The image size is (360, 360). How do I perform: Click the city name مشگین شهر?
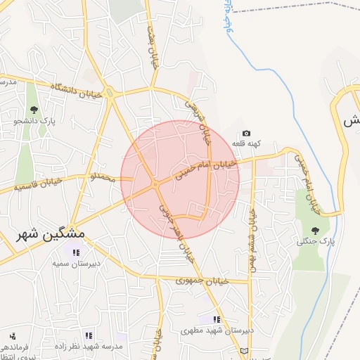pos(51,233)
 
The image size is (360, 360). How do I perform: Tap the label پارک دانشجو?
pos(34,120)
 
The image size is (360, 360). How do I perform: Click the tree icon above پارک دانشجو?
pos(34,109)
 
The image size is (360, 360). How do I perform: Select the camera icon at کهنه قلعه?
pos(246,134)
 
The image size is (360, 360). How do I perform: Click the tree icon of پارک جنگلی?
pos(314,230)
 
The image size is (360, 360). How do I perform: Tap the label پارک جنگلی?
pos(314,241)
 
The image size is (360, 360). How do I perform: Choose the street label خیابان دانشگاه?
pos(77,89)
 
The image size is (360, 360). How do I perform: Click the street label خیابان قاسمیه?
pos(39,184)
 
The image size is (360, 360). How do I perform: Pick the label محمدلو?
pos(103,178)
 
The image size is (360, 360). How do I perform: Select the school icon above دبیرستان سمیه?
pos(73,252)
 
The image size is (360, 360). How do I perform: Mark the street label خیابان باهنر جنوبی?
pos(176,229)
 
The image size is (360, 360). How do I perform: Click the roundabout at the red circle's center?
pos(155,185)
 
